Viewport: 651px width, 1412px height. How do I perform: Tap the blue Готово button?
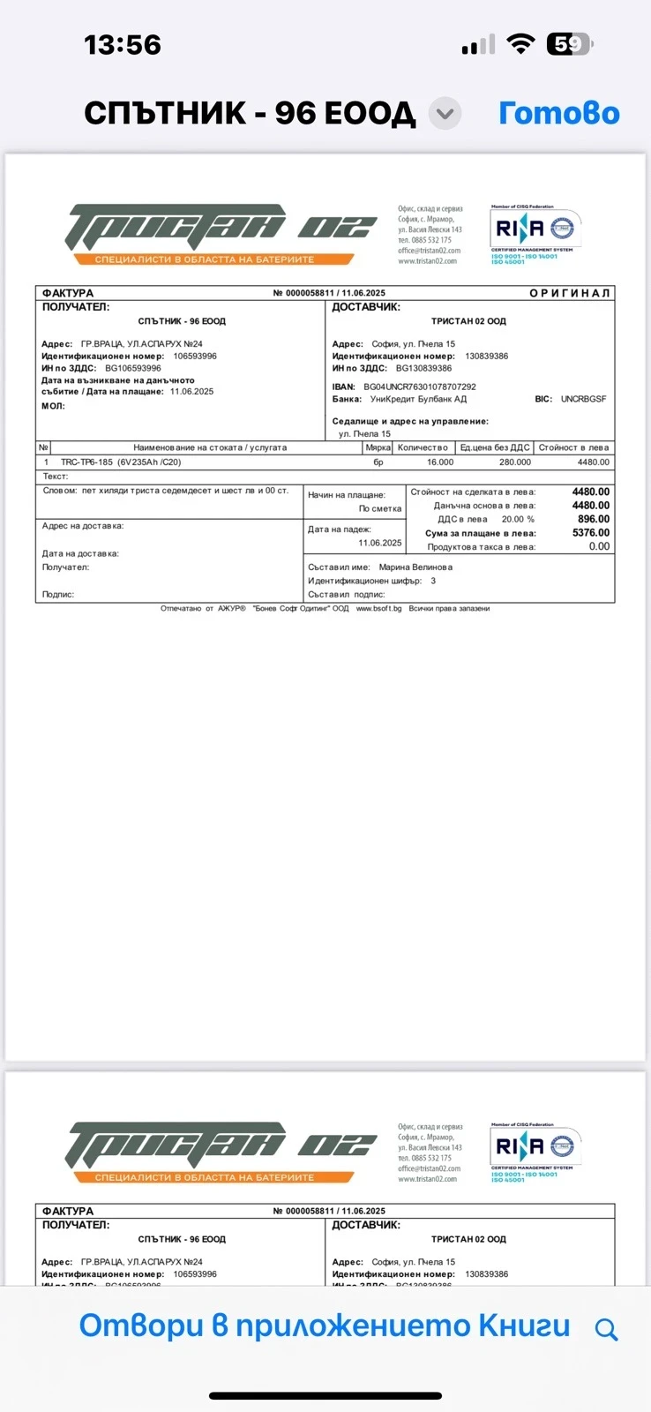(558, 114)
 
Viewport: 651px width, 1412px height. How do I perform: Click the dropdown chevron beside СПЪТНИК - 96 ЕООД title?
(445, 114)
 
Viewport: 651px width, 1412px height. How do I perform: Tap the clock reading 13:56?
(123, 45)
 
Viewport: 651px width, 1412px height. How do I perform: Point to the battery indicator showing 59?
(569, 44)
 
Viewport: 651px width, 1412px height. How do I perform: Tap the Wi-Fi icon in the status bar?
(521, 44)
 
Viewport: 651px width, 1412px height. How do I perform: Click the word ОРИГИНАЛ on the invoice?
(569, 293)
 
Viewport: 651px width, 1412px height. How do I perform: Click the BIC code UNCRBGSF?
(583, 399)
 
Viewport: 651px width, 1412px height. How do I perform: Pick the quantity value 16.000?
(439, 462)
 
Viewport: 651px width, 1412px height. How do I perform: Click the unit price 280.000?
(514, 462)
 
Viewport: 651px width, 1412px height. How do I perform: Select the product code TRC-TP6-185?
(86, 462)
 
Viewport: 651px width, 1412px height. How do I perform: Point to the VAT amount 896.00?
(593, 519)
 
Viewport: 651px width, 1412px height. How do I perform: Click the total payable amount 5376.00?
(590, 533)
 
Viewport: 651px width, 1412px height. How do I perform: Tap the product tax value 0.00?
(599, 546)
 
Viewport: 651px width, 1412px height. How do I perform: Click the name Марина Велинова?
(415, 567)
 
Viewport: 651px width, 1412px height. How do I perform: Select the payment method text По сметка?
(379, 509)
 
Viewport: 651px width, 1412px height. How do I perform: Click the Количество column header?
(422, 447)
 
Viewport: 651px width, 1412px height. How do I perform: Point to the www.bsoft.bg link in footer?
(378, 608)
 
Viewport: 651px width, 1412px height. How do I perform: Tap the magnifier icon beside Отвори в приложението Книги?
(606, 1329)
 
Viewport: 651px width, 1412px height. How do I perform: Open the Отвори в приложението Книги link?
(325, 1326)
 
